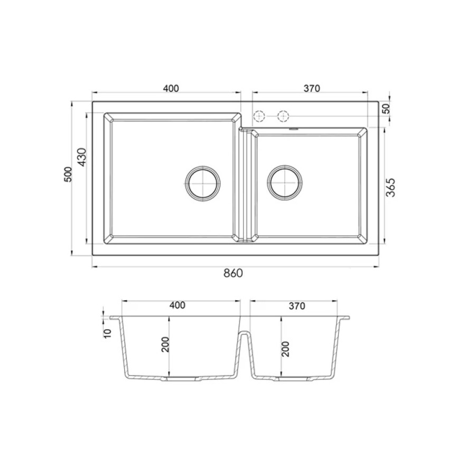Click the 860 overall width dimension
click(233, 273)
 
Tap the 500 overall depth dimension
click(68, 174)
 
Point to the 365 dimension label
click(390, 188)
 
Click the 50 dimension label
click(386, 109)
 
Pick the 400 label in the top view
click(171, 88)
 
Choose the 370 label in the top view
click(312, 88)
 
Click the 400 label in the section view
click(178, 305)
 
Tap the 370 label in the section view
click(297, 306)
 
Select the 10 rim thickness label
click(107, 333)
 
